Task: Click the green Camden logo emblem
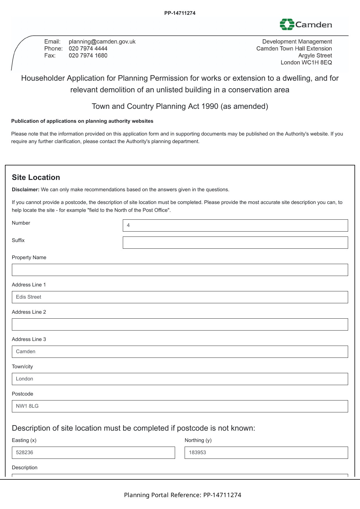(x=287, y=24)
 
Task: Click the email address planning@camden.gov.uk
(x=102, y=41)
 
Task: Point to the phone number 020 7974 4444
(x=88, y=48)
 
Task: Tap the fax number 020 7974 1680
(x=88, y=55)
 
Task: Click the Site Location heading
(x=36, y=177)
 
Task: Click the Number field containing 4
(x=235, y=225)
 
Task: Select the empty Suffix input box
(x=235, y=243)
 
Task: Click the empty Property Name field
(x=180, y=270)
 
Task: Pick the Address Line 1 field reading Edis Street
(x=180, y=297)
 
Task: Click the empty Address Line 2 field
(x=180, y=324)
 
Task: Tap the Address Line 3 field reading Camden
(x=180, y=352)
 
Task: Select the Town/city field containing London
(x=180, y=379)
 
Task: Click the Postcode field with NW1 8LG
(x=180, y=406)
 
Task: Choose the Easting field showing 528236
(x=93, y=453)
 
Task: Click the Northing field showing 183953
(x=266, y=453)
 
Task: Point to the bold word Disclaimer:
(x=26, y=189)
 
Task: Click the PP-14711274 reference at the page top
(x=180, y=13)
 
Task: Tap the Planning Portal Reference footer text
(x=182, y=495)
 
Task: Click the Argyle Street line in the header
(x=315, y=55)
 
